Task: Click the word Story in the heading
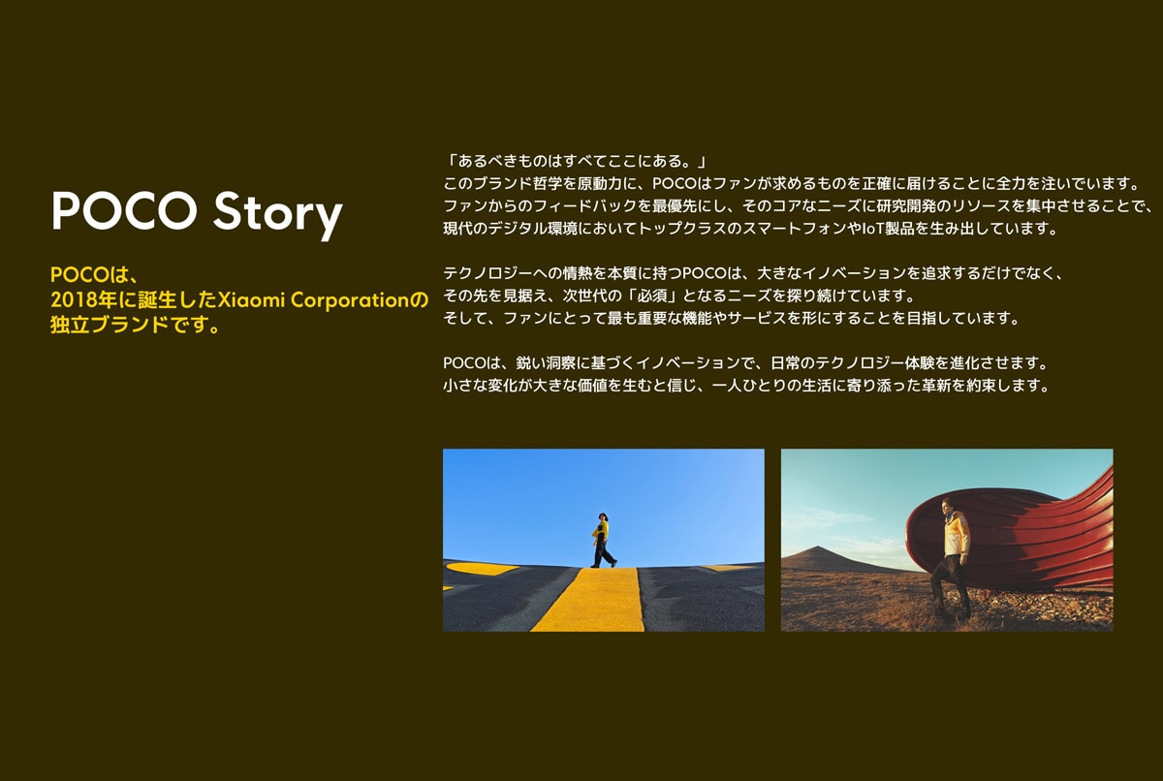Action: coord(278,213)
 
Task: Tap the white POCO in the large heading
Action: coord(124,210)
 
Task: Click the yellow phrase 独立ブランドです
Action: coord(130,325)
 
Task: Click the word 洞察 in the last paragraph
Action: coord(561,362)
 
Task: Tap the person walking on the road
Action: coord(602,540)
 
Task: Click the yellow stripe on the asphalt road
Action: coord(588,600)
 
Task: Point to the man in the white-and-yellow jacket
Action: coord(951,558)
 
